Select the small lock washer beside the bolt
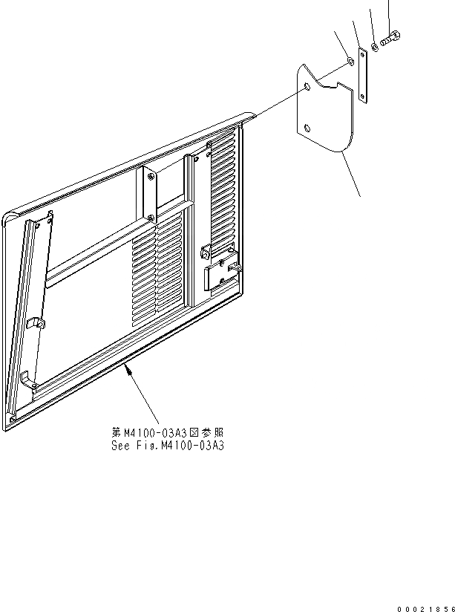click(x=376, y=47)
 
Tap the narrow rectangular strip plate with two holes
click(x=362, y=75)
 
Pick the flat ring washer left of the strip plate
click(x=350, y=59)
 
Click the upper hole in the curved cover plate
click(x=307, y=88)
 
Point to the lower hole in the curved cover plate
click(x=304, y=128)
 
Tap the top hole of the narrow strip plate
click(x=362, y=54)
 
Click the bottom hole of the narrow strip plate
click(x=362, y=94)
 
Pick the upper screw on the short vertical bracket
click(x=150, y=177)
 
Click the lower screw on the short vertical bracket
click(x=151, y=218)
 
